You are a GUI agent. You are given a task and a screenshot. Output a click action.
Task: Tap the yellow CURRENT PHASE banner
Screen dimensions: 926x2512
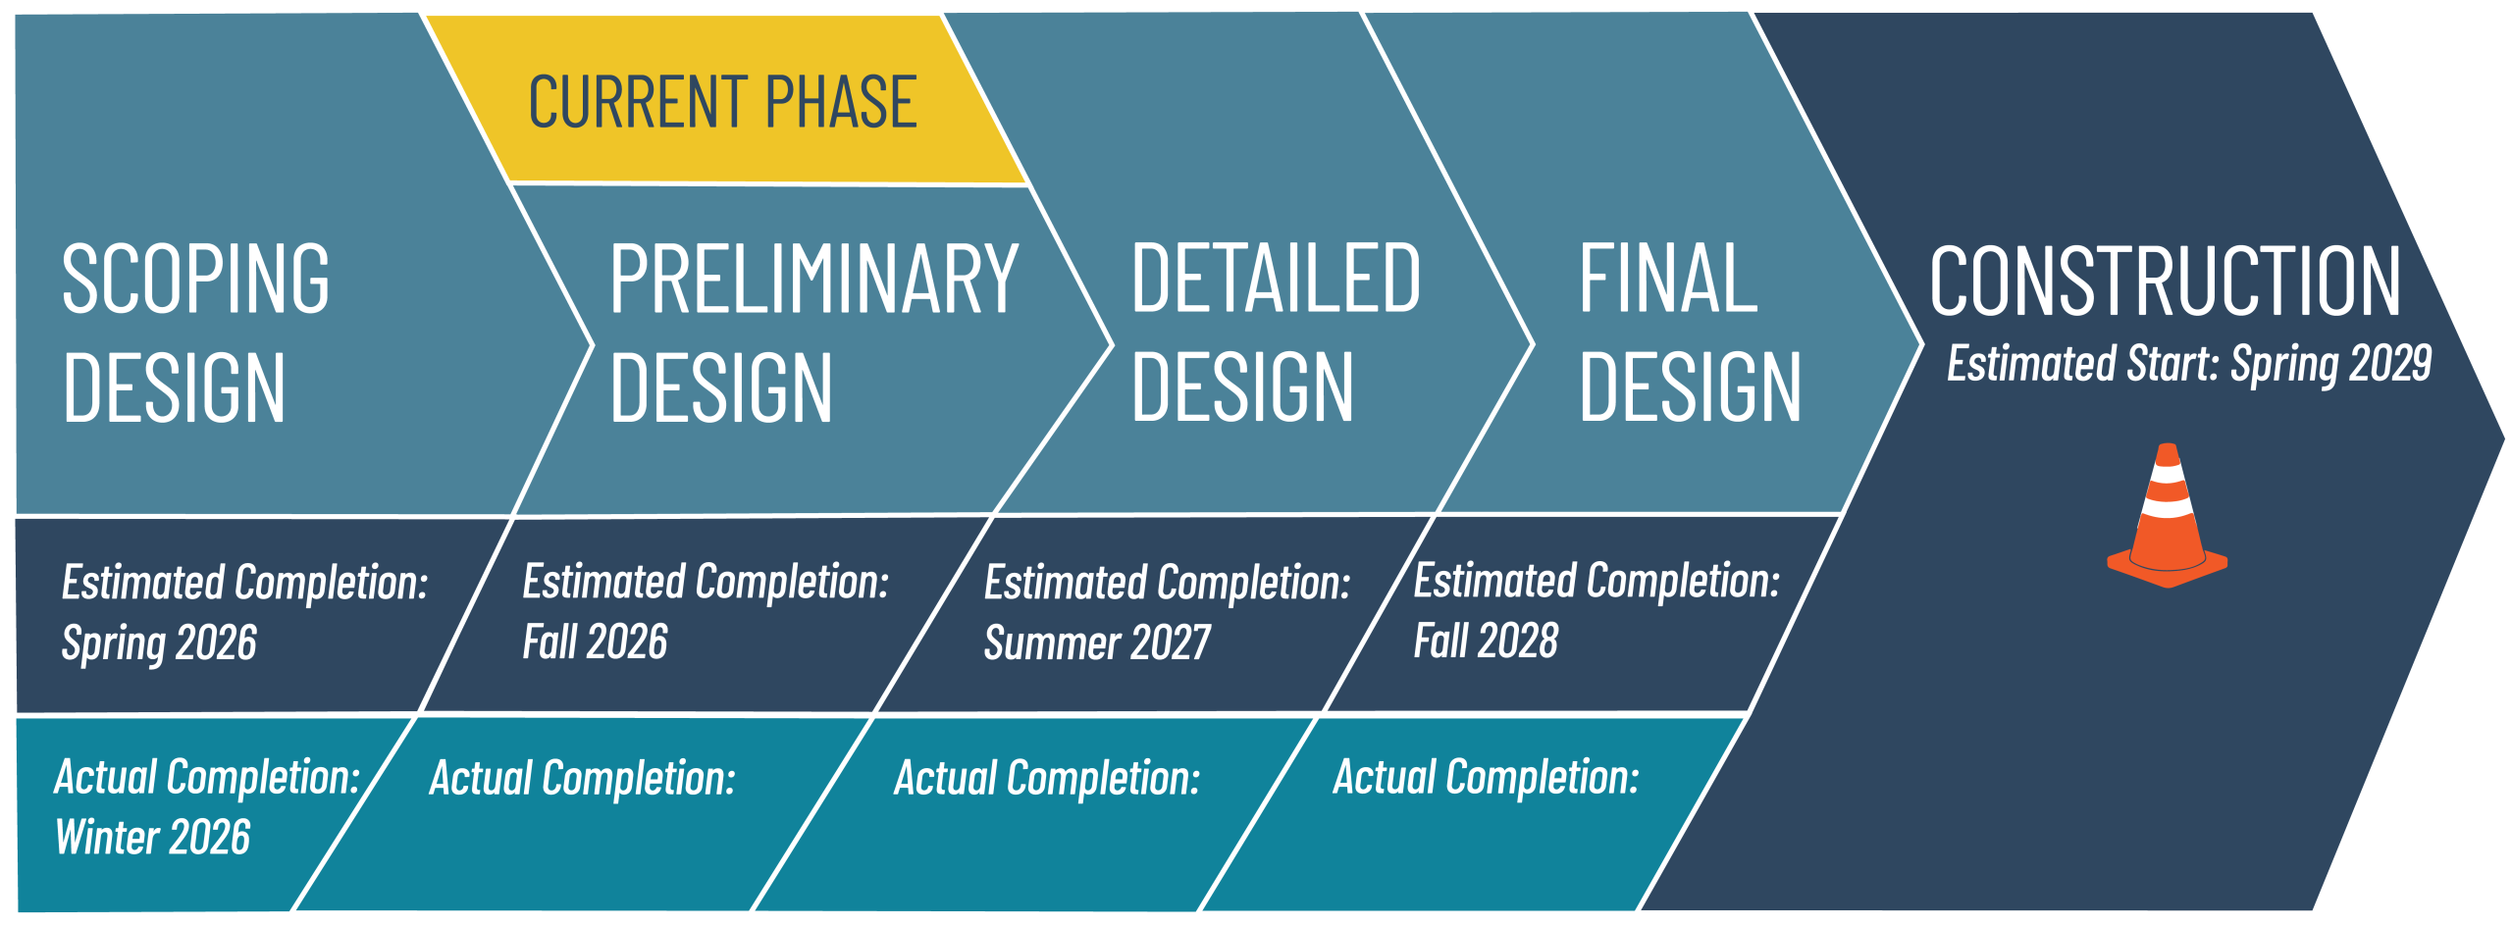click(723, 102)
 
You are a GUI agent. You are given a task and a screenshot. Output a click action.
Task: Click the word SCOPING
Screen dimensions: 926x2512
click(196, 281)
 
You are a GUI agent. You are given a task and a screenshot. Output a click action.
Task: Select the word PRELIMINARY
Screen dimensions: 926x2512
click(813, 281)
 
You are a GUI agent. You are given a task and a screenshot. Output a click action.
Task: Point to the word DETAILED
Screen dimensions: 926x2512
click(1276, 281)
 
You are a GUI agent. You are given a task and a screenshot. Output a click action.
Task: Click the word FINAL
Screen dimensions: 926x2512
click(1667, 281)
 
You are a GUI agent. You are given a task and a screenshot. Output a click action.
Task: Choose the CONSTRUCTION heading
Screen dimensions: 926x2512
click(2165, 283)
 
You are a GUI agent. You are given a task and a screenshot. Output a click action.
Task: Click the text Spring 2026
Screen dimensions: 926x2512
click(159, 643)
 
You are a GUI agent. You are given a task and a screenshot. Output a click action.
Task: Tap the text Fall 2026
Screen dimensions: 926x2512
click(595, 643)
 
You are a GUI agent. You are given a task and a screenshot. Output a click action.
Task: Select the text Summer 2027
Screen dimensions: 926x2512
click(1097, 643)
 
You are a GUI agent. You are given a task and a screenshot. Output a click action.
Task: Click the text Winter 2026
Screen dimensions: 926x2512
click(153, 838)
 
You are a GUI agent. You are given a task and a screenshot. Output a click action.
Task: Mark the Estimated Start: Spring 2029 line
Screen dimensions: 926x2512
click(2189, 364)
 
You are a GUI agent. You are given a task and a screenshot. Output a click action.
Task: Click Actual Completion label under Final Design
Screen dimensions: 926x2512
click(1486, 778)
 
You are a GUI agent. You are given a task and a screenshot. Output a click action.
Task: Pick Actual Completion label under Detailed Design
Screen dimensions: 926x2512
click(1047, 779)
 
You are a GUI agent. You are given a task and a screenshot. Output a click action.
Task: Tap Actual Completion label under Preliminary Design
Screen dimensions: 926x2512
click(583, 779)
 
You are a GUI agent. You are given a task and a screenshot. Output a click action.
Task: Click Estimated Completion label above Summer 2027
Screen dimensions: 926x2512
click(1168, 584)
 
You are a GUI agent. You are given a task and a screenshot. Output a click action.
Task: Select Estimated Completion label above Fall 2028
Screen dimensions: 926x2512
click(1596, 582)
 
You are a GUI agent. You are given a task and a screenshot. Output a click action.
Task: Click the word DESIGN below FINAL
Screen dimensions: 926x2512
click(1690, 388)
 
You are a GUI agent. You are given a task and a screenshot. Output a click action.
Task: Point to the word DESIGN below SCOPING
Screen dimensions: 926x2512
click(175, 388)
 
